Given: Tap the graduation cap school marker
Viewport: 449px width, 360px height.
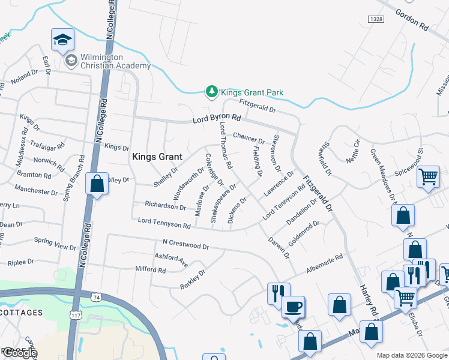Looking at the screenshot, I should click(x=62, y=40).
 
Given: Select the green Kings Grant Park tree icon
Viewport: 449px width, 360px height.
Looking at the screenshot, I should click(x=211, y=92).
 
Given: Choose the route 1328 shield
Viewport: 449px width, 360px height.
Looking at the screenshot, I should click(x=373, y=20).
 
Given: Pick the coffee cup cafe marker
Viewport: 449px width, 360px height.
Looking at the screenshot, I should click(x=293, y=307).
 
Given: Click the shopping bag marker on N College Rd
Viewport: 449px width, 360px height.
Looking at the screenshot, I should click(x=97, y=184).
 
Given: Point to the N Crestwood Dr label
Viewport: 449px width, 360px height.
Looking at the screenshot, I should click(x=185, y=246).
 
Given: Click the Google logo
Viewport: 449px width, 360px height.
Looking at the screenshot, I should click(x=19, y=353).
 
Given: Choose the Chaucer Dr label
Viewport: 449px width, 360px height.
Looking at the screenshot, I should click(x=249, y=138).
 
